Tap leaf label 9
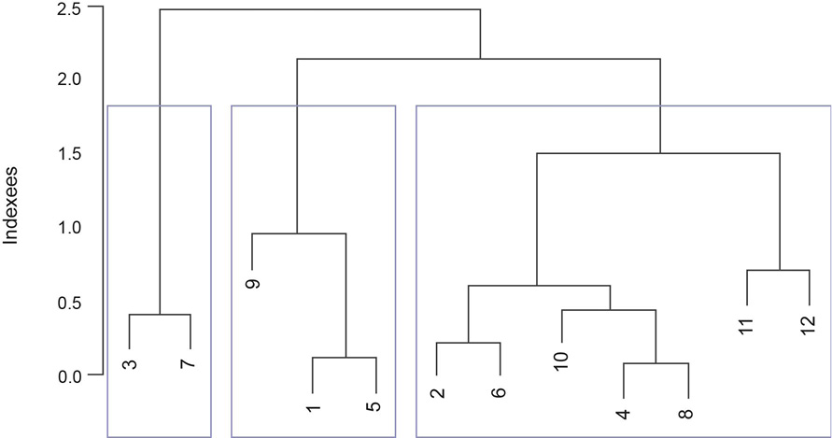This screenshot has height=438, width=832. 252,283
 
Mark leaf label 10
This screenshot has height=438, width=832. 561,361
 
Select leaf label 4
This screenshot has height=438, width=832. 624,413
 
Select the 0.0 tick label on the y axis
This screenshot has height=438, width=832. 69,375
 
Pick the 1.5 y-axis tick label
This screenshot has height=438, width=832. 69,154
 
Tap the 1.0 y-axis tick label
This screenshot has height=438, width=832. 69,228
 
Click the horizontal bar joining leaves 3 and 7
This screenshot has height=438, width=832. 160,315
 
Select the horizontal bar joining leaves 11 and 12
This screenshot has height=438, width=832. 778,271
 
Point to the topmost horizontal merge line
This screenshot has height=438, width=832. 320,10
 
